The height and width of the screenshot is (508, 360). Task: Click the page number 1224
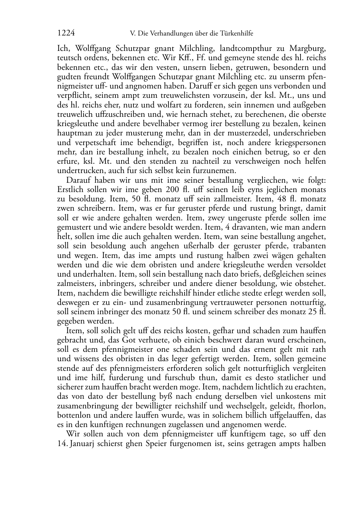pos(66,33)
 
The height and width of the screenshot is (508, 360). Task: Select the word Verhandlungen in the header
pos(172,34)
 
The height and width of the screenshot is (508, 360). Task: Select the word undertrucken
pos(79,171)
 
